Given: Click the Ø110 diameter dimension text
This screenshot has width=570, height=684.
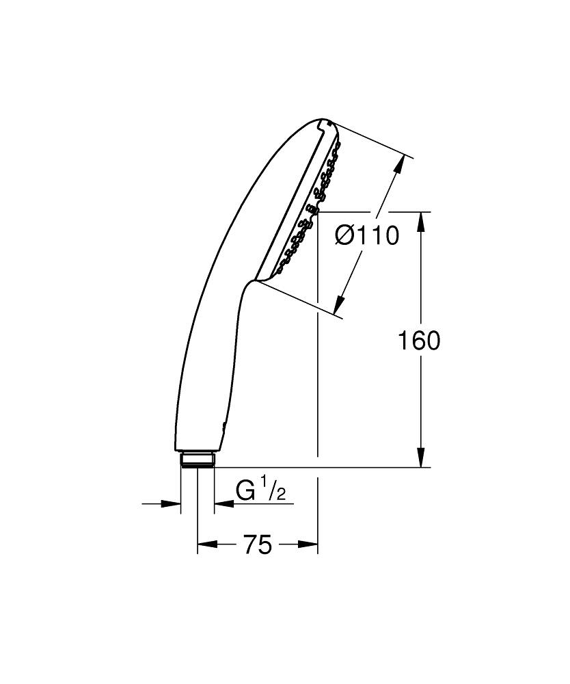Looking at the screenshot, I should point(366,236).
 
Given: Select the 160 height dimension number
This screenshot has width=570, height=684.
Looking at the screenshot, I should point(419,340).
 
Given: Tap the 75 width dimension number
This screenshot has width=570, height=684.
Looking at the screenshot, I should point(257,544).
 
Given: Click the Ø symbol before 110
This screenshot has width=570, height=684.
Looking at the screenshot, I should point(345,236).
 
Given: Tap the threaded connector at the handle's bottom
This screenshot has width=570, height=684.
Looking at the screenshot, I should point(198,458).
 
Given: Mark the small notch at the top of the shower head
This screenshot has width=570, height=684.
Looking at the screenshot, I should point(323,124).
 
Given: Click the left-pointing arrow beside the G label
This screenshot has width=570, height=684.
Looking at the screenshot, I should point(223,504).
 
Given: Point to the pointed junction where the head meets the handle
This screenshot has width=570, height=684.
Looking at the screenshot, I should point(256,280).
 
